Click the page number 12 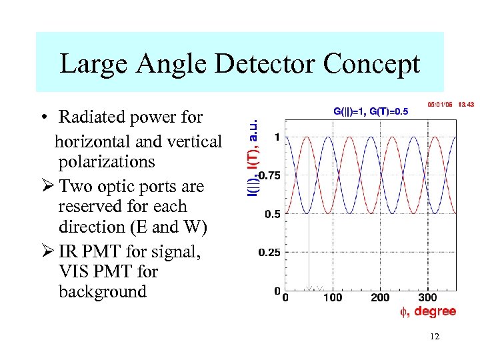[x=434, y=337]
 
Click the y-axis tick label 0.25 [x=269, y=253]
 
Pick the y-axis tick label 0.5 [x=272, y=215]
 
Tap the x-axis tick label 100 [x=333, y=297]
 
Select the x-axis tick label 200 [x=380, y=297]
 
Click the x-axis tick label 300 [x=427, y=297]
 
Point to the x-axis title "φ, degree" [x=427, y=311]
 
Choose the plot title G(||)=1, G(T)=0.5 [x=370, y=111]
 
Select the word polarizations [x=107, y=162]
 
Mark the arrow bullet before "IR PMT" [x=45, y=252]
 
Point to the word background [x=102, y=292]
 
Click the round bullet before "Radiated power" [x=43, y=118]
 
